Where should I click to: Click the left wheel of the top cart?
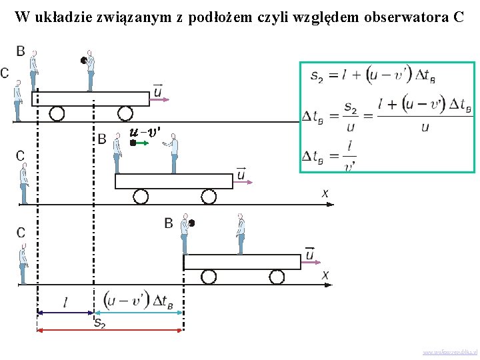tap(57, 113)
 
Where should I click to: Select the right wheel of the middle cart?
tap(207, 196)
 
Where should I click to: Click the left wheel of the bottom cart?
tap(209, 277)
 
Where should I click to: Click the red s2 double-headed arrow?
tap(110, 330)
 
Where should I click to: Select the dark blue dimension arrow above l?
tap(65, 312)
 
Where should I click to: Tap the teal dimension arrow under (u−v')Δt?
tap(138, 312)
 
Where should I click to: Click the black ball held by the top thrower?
tap(83, 61)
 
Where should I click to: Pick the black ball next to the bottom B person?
tap(191, 223)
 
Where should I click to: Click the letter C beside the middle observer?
tap(21, 156)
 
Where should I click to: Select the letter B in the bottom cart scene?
tap(169, 223)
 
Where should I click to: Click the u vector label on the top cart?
tap(157, 89)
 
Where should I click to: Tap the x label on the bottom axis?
tap(325, 275)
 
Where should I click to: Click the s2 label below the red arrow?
tap(100, 323)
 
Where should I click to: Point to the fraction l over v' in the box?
tap(349, 156)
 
